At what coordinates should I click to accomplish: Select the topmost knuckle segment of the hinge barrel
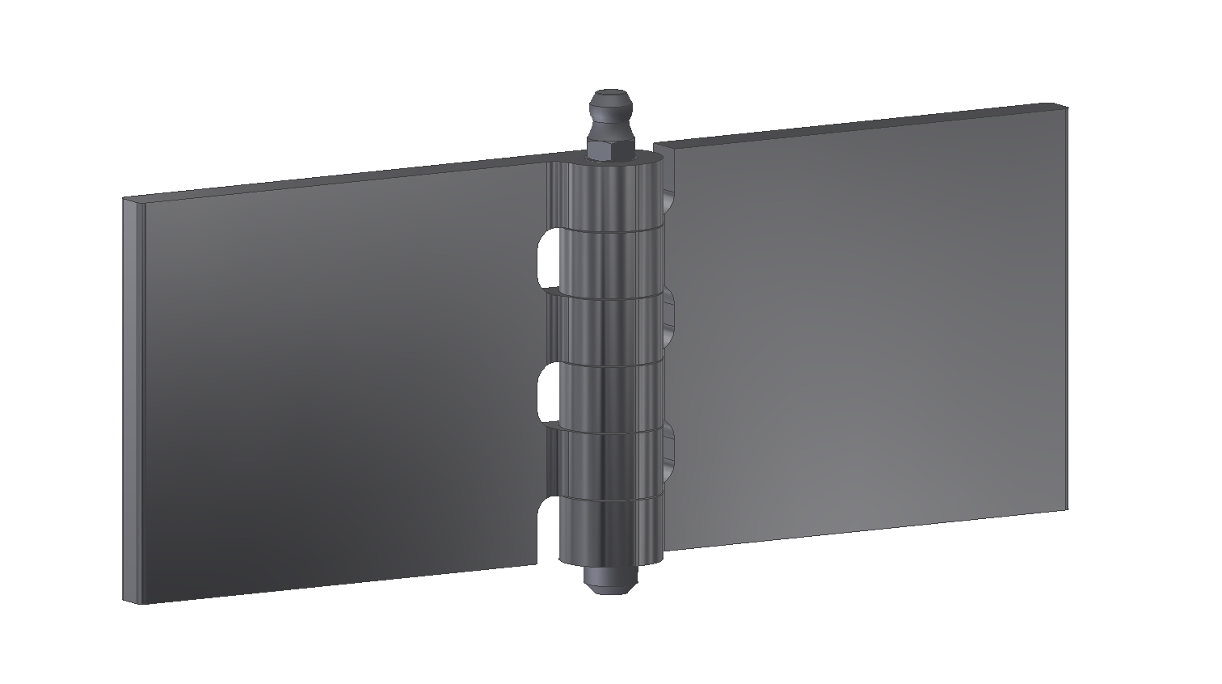[611, 194]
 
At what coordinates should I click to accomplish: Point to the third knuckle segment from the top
[611, 332]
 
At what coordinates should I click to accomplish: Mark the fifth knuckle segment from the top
[611, 463]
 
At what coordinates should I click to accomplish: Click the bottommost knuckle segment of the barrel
[611, 530]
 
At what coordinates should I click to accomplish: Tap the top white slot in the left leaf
[546, 258]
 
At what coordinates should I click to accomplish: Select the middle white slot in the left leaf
[546, 393]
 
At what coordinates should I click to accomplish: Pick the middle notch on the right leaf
[669, 318]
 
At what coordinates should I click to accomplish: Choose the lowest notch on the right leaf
[668, 450]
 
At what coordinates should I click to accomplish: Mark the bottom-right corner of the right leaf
[1066, 509]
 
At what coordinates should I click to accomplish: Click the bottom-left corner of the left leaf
[128, 600]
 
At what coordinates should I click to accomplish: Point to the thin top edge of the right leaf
[857, 125]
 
